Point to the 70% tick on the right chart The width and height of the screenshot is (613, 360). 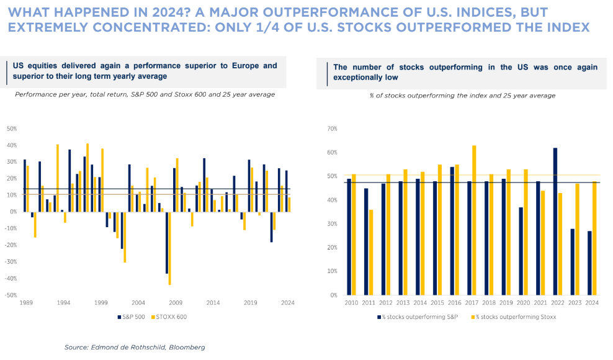click(x=332, y=128)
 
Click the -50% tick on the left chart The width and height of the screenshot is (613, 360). click(x=11, y=295)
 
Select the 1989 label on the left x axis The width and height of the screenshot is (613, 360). click(x=27, y=302)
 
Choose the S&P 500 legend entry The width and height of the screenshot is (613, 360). click(x=132, y=317)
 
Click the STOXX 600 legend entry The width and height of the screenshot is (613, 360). click(x=172, y=317)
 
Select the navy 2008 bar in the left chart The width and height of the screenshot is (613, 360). click(x=167, y=242)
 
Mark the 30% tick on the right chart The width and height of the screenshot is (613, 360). click(x=332, y=223)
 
